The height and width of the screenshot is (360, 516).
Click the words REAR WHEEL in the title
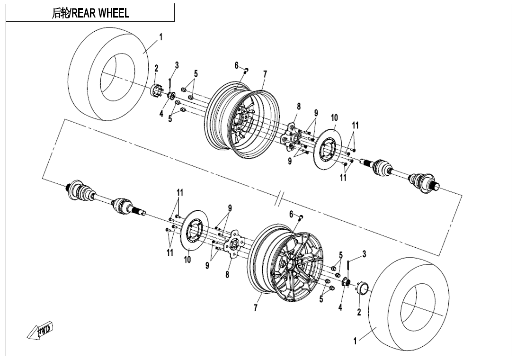[x=100, y=13]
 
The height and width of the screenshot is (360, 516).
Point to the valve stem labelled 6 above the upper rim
[x=246, y=71]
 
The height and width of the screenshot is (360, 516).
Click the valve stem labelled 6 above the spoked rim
[x=301, y=217]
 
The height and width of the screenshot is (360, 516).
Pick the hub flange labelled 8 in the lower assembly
[x=232, y=245]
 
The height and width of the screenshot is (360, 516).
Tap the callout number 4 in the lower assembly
[x=340, y=307]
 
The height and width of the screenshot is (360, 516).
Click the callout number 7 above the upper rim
[x=265, y=74]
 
